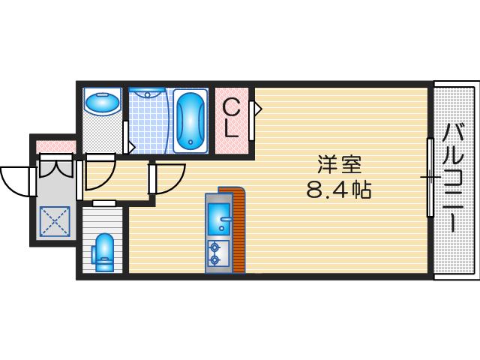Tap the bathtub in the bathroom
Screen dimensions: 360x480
[191, 120]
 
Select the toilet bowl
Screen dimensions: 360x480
[104, 251]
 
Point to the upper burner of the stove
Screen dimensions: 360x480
[216, 245]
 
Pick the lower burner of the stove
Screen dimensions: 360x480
[216, 260]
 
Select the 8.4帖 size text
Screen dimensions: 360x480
[337, 189]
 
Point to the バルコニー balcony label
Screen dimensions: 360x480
[454, 177]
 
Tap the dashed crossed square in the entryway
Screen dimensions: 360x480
[54, 221]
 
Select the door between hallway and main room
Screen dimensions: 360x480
[166, 178]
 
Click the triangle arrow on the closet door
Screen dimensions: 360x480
[256, 109]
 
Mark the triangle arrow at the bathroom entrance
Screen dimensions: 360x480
[130, 145]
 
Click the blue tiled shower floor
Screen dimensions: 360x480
[150, 124]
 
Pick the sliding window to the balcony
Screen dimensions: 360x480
[430, 177]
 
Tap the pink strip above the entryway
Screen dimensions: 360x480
[56, 145]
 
